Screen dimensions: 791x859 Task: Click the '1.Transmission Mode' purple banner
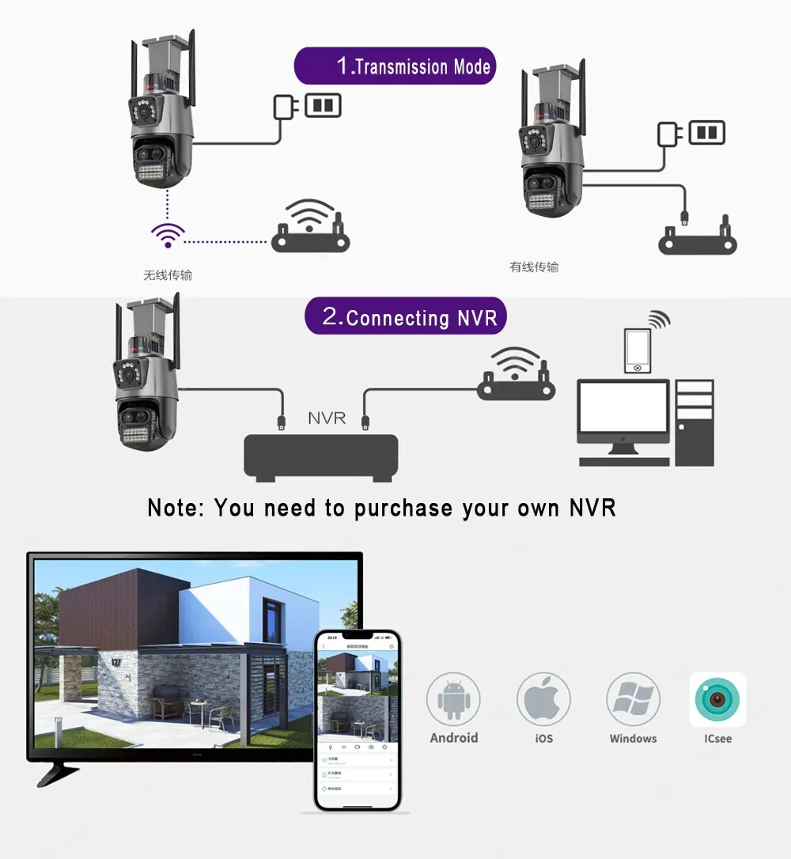point(395,66)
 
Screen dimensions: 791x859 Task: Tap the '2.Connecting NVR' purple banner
point(405,317)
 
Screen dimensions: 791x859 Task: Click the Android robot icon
point(453,699)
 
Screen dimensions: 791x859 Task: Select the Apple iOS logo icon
point(543,699)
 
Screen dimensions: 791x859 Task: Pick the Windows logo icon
point(633,699)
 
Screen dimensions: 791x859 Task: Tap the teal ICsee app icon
point(717,699)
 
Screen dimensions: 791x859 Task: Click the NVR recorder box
point(320,456)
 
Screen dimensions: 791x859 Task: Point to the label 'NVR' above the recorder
point(327,418)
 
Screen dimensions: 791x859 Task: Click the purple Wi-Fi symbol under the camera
point(168,234)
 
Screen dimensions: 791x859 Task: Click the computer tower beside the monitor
point(694,422)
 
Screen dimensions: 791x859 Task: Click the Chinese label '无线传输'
point(168,275)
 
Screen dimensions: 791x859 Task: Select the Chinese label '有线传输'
point(534,267)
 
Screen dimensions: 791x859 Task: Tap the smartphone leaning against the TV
point(358,720)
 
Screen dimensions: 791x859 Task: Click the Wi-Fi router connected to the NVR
point(516,374)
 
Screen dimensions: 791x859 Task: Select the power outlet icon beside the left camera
point(323,105)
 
